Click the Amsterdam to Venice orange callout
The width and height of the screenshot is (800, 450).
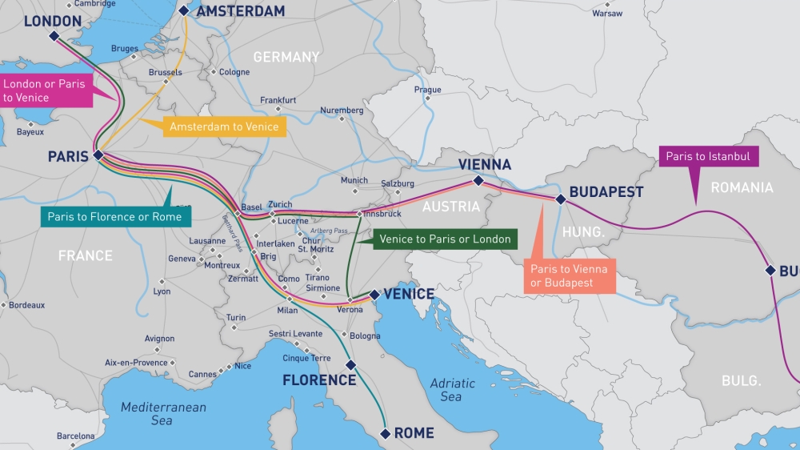[224, 127]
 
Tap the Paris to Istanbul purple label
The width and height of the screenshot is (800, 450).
[708, 157]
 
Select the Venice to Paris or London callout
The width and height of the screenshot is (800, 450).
[444, 239]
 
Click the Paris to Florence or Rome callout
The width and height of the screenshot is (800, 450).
[114, 216]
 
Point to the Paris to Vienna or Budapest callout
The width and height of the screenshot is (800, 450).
[570, 276]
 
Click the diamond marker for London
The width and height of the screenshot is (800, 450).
[54, 36]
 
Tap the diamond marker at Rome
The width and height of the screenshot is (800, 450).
[385, 433]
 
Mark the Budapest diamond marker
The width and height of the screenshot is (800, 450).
[561, 199]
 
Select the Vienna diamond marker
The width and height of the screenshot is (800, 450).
[478, 181]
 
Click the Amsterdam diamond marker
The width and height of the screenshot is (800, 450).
[184, 10]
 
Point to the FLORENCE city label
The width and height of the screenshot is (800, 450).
[319, 380]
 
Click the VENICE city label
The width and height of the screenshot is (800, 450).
[409, 294]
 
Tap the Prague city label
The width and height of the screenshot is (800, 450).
[427, 90]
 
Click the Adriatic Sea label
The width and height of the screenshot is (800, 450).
[451, 390]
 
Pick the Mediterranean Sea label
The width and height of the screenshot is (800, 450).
[163, 413]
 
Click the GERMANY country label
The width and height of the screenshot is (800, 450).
[286, 57]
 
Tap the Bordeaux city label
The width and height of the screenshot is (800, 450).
[27, 305]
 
